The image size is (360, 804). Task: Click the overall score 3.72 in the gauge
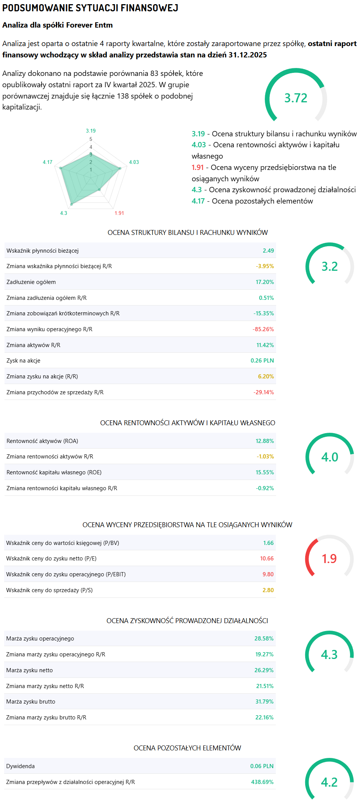(x=296, y=98)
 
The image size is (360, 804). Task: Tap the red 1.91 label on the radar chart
(x=119, y=213)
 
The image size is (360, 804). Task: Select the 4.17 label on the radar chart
(x=48, y=162)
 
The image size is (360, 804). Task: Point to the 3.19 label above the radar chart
(x=91, y=131)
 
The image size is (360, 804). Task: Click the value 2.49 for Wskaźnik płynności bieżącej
(x=268, y=251)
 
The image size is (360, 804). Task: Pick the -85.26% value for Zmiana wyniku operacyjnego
(x=263, y=329)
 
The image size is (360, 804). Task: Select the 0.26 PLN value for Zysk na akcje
(x=262, y=361)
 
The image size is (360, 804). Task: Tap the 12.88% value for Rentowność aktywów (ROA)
(x=264, y=441)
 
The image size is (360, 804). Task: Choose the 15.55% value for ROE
(x=264, y=472)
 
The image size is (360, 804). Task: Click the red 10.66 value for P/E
(x=267, y=559)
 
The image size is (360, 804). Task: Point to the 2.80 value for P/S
(x=268, y=590)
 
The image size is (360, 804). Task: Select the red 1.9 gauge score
(x=329, y=559)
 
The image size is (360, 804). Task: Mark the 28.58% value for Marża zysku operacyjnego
(x=264, y=639)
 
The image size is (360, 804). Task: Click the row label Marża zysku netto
(x=29, y=670)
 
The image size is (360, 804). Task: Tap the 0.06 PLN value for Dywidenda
(x=262, y=766)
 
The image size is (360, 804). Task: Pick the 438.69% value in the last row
(x=262, y=782)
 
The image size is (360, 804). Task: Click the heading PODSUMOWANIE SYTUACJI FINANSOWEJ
(x=90, y=8)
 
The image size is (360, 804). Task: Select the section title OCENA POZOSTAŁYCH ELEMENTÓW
(x=187, y=748)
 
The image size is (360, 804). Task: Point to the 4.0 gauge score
(x=329, y=457)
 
